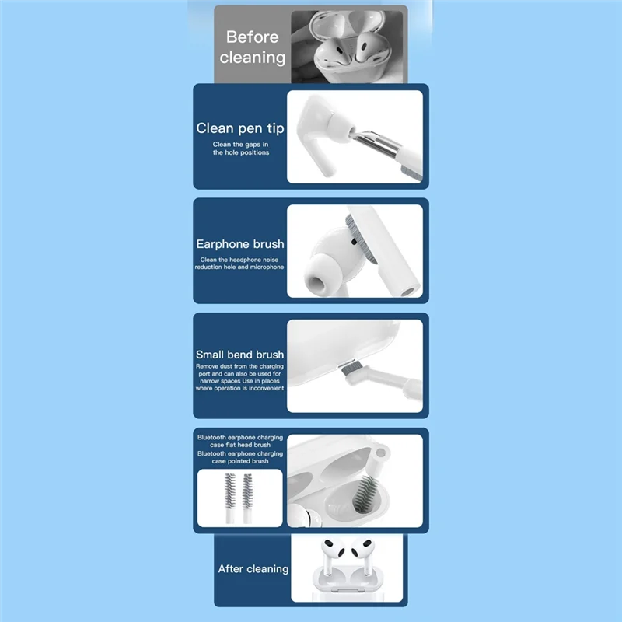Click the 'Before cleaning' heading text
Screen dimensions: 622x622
252,47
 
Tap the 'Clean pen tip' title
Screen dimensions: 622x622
240,128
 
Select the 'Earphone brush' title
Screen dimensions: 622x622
240,244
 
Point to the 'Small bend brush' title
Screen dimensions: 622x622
240,355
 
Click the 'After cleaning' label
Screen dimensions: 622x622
253,569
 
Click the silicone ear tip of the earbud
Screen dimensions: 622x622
316,275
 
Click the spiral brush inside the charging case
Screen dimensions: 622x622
365,494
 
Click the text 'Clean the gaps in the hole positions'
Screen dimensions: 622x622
240,149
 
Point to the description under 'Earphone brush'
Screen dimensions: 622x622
240,264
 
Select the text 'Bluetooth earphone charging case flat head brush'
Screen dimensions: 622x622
239,442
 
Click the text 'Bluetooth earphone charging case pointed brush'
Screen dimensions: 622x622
239,457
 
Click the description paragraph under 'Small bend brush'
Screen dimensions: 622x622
240,377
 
